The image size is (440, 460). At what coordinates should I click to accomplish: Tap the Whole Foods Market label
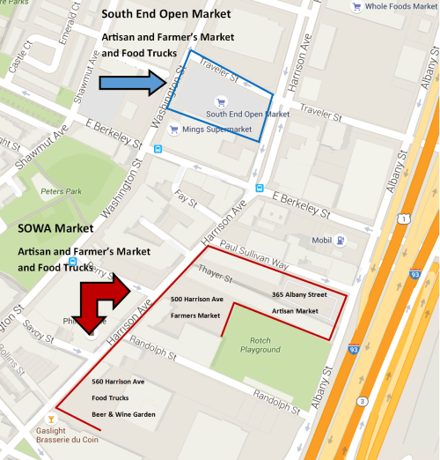(x=393, y=7)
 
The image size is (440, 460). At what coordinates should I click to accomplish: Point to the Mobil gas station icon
(x=340, y=241)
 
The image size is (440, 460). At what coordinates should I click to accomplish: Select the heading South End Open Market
(x=166, y=15)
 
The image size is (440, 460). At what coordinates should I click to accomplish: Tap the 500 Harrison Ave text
(x=196, y=300)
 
